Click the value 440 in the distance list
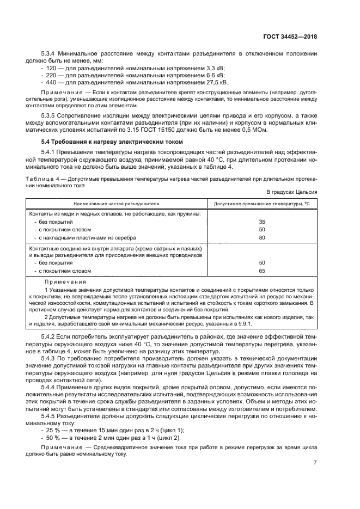pos(52,82)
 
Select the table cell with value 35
pos(262,222)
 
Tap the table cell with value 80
pos(262,237)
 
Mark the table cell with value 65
pos(262,271)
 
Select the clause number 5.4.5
pos(50,416)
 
